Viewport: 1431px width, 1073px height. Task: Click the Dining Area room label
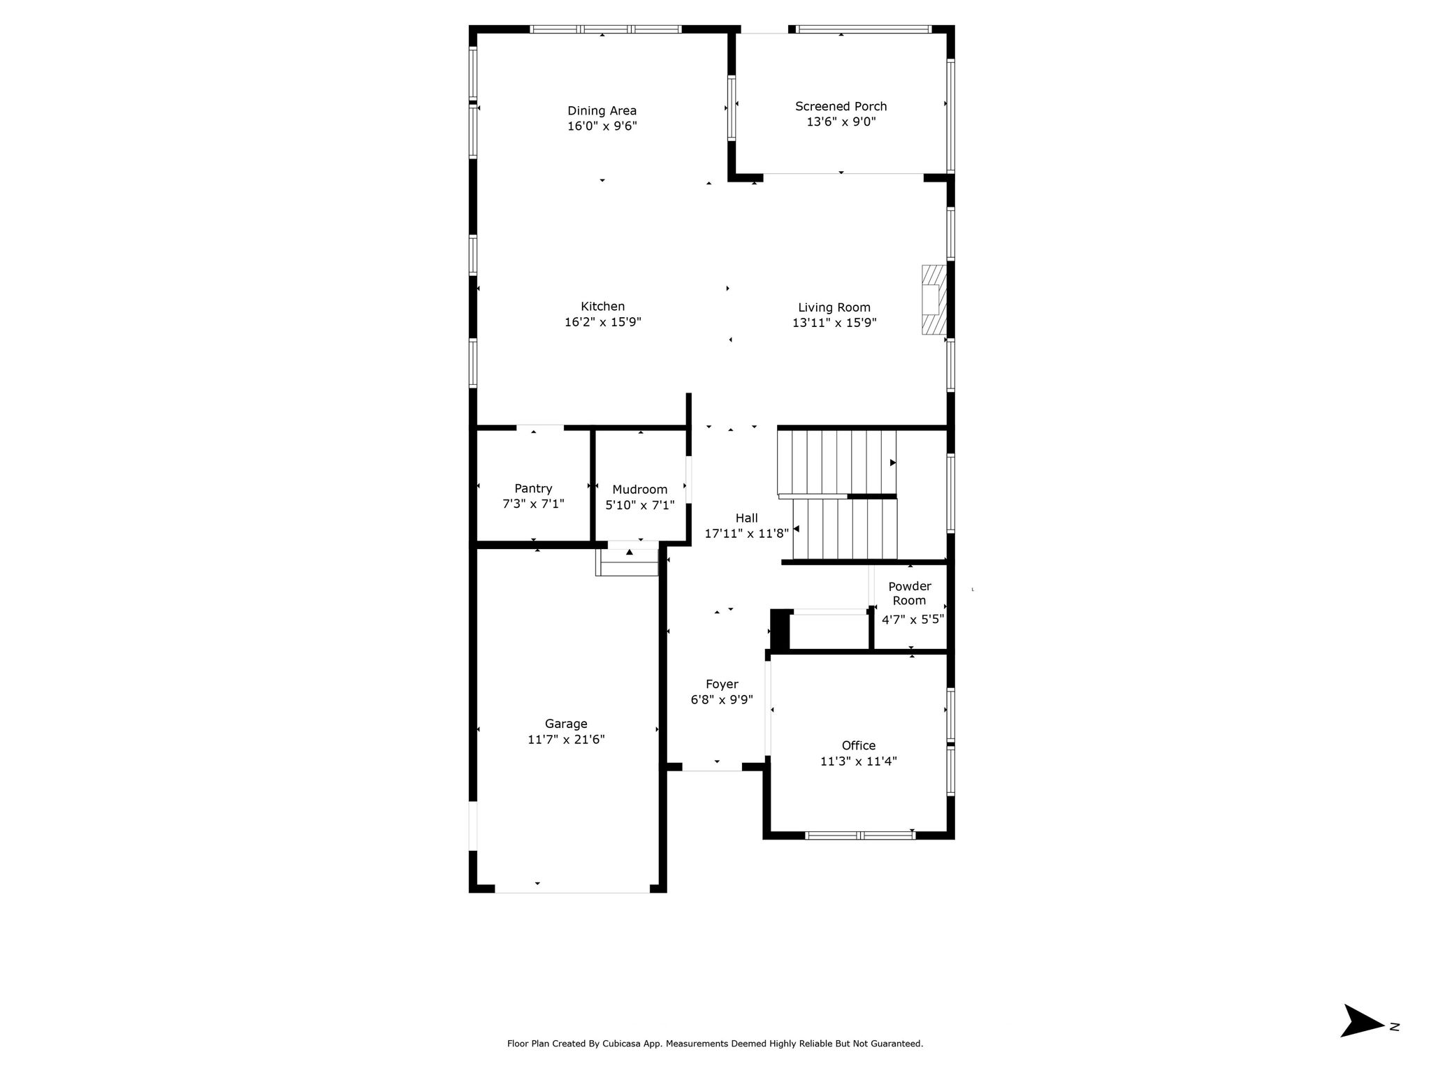click(x=602, y=110)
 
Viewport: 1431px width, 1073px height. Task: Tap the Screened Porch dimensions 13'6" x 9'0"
click(x=841, y=122)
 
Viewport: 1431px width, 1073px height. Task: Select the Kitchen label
click(x=602, y=306)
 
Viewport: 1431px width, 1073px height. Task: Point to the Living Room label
click(x=834, y=307)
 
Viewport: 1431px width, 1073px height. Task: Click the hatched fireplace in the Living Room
click(x=934, y=300)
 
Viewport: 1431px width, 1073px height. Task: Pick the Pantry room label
click(x=533, y=488)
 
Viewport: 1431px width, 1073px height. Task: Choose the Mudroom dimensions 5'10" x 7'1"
click(x=640, y=504)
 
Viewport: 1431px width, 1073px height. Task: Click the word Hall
click(x=746, y=518)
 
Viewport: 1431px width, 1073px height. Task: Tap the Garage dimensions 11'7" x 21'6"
click(x=566, y=739)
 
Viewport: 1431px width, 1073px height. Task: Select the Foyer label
click(x=722, y=684)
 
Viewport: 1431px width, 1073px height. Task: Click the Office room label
click(x=858, y=745)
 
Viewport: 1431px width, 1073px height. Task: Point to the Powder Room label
click(x=910, y=593)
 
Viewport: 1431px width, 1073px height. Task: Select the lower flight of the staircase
click(x=845, y=529)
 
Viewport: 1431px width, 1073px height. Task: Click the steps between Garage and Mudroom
click(x=627, y=562)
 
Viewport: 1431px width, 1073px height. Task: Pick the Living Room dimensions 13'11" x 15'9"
click(x=834, y=323)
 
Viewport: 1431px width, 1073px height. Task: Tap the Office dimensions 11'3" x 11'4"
click(x=858, y=761)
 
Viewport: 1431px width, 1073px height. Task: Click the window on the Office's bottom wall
click(x=860, y=835)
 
